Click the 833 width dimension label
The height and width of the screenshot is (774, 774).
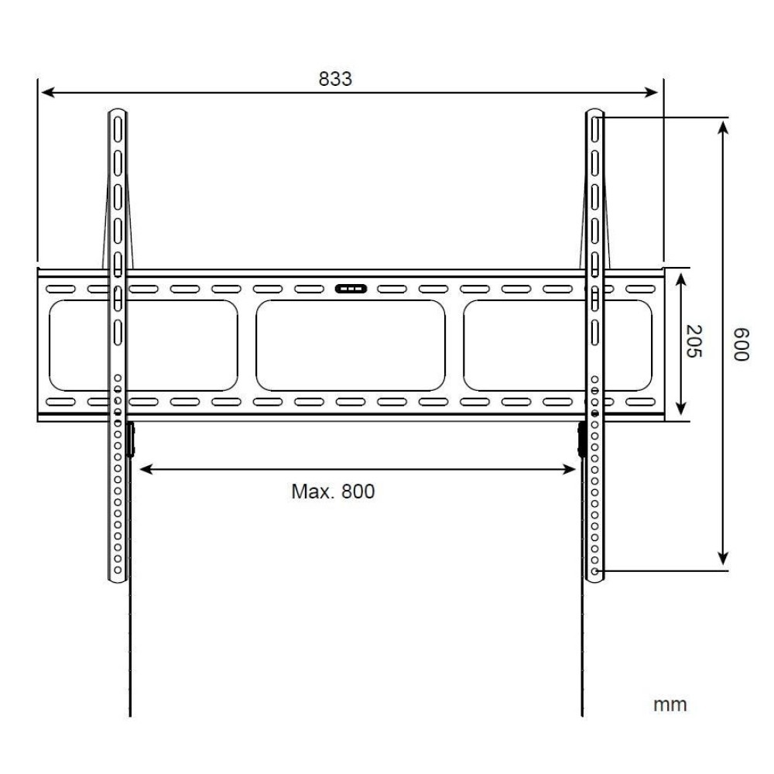pos(335,79)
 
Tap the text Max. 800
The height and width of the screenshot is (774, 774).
pos(333,491)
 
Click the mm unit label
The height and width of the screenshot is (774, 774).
pos(670,705)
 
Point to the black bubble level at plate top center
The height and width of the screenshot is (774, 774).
pos(351,289)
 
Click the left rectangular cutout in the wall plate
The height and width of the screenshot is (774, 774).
pos(143,345)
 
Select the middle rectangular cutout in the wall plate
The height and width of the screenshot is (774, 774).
pos(351,345)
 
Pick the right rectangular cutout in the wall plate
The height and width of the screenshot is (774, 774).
pos(557,345)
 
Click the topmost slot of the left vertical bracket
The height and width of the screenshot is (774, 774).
pos(117,125)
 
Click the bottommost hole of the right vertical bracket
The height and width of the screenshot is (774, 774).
pos(594,571)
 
